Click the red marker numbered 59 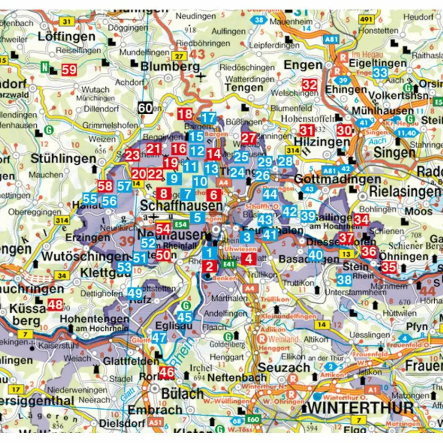(69, 69)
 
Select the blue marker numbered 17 (209, 118)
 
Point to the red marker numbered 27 (249, 138)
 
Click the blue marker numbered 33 (380, 72)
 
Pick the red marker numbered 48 (55, 305)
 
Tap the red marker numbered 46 (167, 372)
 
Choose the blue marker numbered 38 (344, 280)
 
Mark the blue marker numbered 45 (185, 317)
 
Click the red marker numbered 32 (309, 84)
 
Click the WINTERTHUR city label (358, 408)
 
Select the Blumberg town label (170, 67)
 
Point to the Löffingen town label (67, 36)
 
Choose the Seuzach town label (284, 367)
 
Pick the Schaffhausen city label (182, 205)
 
